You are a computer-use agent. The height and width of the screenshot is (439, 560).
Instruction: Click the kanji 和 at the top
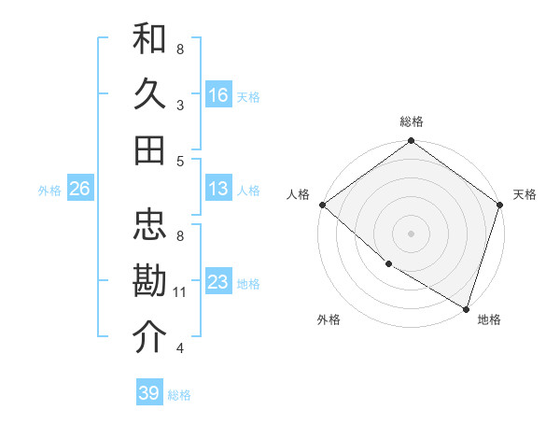150,39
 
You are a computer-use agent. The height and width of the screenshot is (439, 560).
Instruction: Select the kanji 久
150,94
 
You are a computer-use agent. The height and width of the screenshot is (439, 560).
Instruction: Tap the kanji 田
150,149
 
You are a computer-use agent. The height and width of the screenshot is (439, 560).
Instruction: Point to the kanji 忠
150,224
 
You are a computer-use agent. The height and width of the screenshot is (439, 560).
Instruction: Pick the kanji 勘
150,281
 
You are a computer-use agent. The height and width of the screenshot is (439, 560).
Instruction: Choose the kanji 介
150,337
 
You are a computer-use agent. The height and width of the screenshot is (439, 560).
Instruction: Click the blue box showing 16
218,94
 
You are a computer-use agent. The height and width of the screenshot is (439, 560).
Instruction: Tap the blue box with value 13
218,189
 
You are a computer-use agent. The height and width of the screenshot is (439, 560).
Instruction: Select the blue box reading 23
218,281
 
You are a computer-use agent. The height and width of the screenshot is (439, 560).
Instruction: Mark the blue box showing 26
79,189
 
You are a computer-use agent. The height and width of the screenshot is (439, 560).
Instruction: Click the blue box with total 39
149,393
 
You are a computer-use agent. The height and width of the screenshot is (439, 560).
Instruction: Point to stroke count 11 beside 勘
180,292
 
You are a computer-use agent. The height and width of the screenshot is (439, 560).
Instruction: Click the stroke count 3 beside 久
180,106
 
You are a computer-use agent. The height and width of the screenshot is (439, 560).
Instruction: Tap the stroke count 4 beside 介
180,348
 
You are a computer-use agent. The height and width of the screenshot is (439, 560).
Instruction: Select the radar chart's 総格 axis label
412,121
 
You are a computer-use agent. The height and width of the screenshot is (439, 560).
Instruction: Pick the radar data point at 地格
466,307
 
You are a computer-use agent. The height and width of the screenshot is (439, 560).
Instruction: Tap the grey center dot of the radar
412,233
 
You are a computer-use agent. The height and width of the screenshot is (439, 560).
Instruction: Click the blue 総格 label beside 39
179,395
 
